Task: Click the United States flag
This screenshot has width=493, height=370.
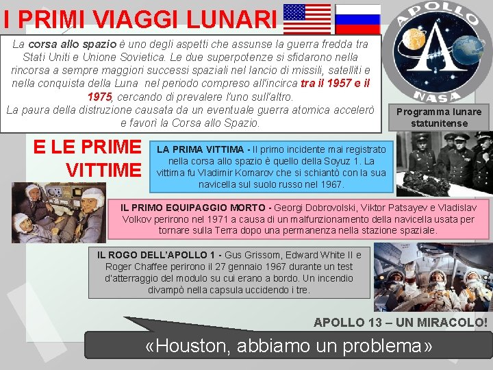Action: click(x=307, y=18)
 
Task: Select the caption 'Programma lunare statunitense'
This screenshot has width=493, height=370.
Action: click(x=439, y=117)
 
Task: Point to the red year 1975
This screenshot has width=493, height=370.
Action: click(x=100, y=97)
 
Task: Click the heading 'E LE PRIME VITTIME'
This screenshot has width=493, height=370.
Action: click(x=86, y=158)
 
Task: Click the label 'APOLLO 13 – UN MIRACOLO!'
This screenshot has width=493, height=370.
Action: click(x=401, y=322)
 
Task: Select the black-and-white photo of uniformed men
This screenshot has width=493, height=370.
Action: click(x=445, y=164)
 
